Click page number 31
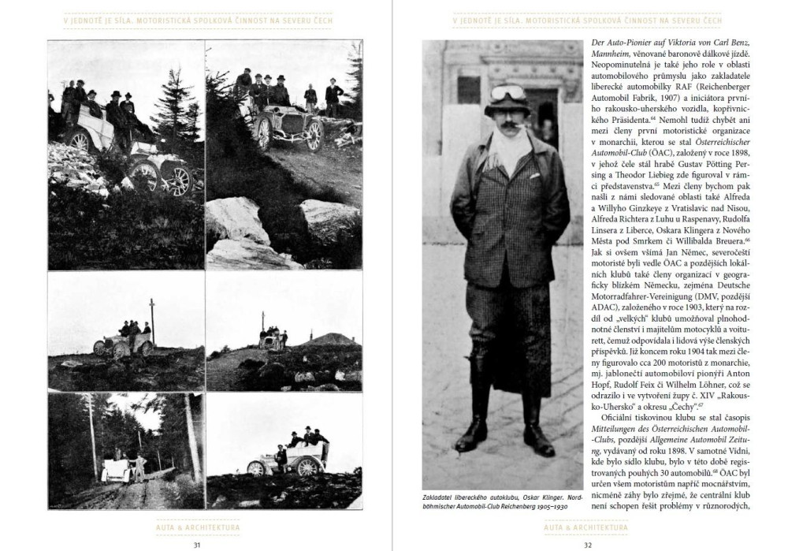point(196,542)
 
